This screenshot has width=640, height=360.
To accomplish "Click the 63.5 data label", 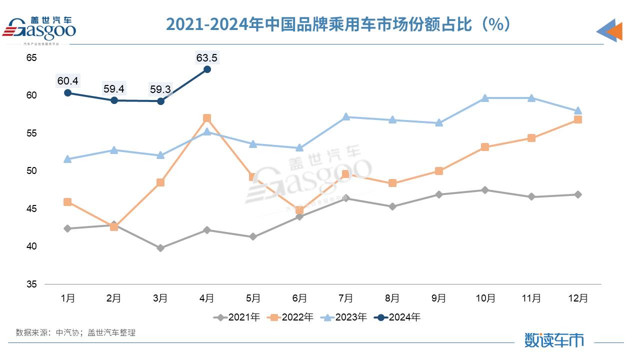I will tap(207, 58).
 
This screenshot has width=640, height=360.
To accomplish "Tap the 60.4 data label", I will tap(67, 80).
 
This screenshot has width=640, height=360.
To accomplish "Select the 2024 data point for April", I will tap(207, 69).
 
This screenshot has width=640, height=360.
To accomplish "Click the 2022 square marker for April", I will tap(207, 118).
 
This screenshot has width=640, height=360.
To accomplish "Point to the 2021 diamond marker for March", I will tap(160, 248).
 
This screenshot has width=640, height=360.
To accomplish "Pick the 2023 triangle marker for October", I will tap(485, 98).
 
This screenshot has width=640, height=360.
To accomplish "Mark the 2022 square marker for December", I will tap(578, 119).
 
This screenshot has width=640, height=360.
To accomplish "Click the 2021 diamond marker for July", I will tap(346, 198).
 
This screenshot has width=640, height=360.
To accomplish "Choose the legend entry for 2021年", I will tap(237, 317).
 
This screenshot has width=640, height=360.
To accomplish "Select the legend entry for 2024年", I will tap(398, 317).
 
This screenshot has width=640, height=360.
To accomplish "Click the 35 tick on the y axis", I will tap(31, 284).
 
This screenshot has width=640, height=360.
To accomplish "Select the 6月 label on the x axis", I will tap(299, 298).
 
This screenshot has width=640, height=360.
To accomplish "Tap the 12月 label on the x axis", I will tap(578, 298).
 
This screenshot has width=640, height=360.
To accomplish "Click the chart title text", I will tap(338, 24).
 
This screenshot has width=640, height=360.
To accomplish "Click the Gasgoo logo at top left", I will tap(40, 29).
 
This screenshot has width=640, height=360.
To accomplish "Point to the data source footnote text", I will tap(76, 332).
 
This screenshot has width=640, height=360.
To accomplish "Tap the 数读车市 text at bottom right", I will tap(554, 340).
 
